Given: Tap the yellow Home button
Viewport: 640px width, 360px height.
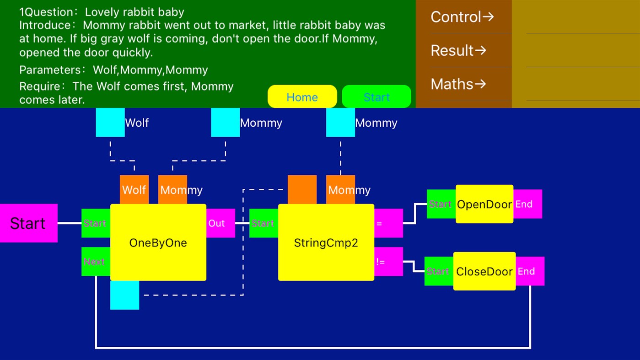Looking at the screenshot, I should (302, 97).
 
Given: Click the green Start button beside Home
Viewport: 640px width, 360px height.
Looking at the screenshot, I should (376, 97).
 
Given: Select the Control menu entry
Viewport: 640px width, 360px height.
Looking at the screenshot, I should (462, 17).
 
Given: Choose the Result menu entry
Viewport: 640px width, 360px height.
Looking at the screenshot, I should (458, 50).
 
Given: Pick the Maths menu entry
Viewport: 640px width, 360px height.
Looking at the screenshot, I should (458, 84).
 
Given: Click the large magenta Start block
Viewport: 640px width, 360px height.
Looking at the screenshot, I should (28, 223).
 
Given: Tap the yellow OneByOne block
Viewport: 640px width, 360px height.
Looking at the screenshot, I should (158, 242).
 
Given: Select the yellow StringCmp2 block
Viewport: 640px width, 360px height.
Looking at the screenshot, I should (326, 242).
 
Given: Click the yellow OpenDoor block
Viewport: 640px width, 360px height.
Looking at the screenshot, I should (484, 204).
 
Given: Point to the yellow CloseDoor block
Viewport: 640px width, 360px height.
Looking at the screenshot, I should (484, 271).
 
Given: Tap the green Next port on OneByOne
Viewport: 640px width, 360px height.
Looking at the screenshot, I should (95, 262).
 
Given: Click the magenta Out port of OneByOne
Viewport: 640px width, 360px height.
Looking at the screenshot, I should (221, 223).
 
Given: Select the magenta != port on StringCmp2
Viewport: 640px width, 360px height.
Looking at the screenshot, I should (388, 262).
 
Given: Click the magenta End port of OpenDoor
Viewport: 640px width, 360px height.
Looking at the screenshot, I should (527, 204).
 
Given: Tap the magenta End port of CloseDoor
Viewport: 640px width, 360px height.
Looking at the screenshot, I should (530, 271).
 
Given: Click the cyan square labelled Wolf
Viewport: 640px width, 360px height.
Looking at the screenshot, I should (110, 122).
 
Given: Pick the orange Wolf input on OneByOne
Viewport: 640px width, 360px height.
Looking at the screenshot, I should (134, 189).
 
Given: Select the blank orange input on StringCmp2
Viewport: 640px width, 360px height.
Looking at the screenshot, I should (302, 189).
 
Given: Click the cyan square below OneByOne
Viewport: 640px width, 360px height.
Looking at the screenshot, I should (124, 295).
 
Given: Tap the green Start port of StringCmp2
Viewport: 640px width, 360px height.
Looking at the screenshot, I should (264, 223).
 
